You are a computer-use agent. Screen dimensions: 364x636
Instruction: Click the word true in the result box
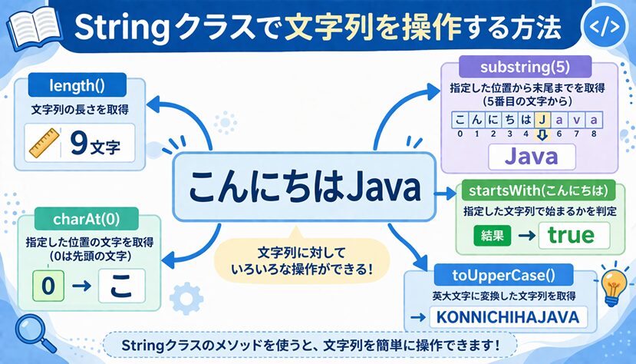(565, 236)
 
